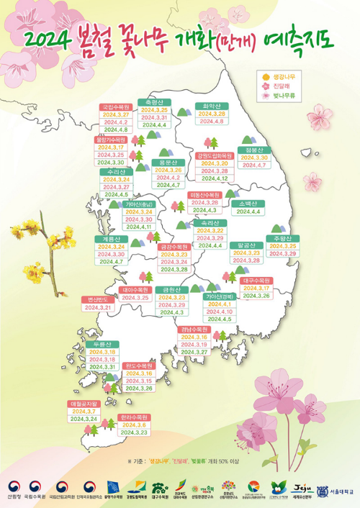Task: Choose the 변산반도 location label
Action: [96, 299]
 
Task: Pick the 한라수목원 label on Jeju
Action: [134, 417]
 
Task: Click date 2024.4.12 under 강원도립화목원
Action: [213, 178]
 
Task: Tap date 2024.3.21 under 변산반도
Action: [99, 307]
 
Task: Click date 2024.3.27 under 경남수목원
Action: [194, 352]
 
